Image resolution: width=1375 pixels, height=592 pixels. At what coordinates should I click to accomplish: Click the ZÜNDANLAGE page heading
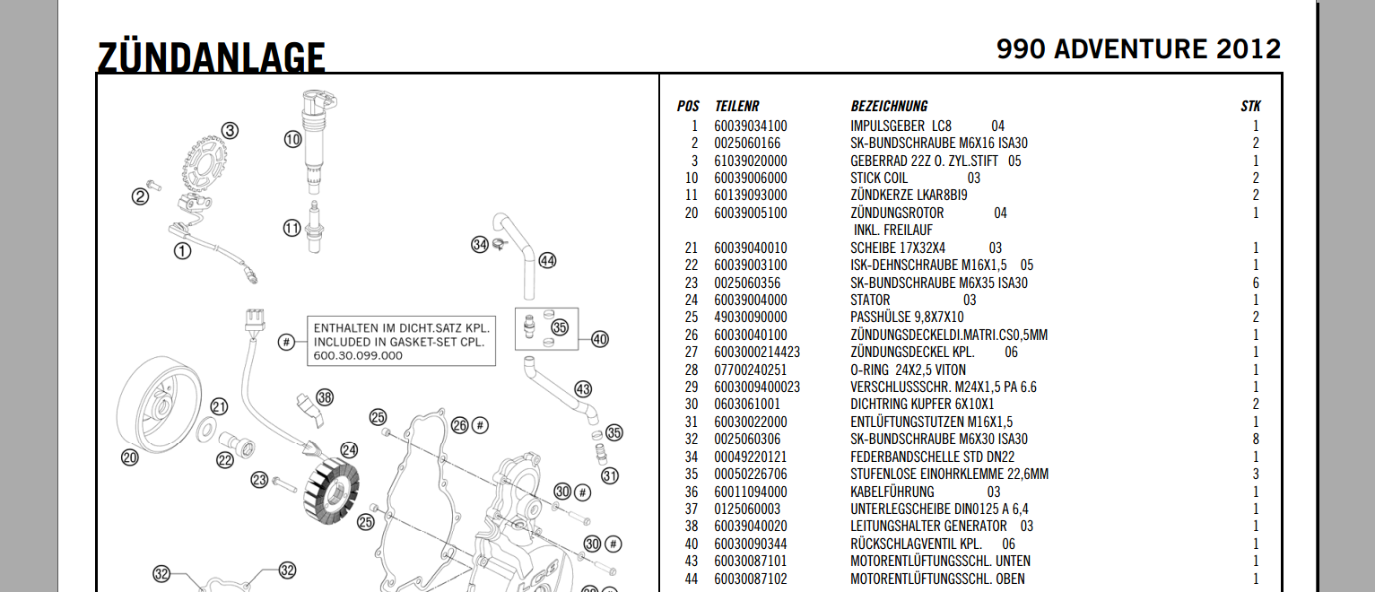211,56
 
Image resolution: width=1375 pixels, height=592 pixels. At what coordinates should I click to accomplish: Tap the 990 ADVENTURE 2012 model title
1138,49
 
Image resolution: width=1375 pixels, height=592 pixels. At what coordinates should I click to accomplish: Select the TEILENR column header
736,106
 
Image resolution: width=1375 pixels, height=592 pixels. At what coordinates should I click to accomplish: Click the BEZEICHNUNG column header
889,106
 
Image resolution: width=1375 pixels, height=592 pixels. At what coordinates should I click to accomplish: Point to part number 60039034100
751,126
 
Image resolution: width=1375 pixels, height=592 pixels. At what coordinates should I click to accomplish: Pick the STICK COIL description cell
879,178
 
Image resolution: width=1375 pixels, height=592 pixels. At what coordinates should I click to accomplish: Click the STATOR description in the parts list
870,300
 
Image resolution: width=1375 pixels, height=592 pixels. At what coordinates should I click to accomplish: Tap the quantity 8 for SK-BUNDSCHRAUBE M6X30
1256,440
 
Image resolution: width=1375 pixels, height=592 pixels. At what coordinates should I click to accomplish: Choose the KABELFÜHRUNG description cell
892,492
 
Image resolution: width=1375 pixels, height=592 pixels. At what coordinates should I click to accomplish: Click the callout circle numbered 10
292,139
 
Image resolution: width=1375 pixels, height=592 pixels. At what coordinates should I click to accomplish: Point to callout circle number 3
231,131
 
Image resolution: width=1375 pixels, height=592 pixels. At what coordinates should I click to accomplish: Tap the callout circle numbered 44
547,261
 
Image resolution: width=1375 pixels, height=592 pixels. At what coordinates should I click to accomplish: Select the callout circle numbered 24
348,450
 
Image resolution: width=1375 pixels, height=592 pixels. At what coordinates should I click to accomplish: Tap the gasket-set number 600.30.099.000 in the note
358,355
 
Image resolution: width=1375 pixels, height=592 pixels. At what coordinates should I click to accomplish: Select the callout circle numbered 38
324,397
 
